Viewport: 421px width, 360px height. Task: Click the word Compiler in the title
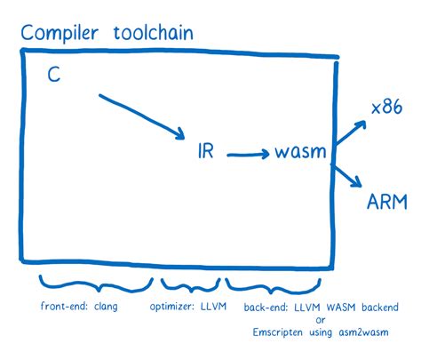point(60,35)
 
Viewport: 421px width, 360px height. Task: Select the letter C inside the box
point(53,78)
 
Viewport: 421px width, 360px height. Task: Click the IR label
point(204,152)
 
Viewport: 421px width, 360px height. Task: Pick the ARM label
point(388,202)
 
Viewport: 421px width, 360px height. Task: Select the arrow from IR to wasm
point(248,155)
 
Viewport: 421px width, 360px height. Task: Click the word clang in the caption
point(103,308)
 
